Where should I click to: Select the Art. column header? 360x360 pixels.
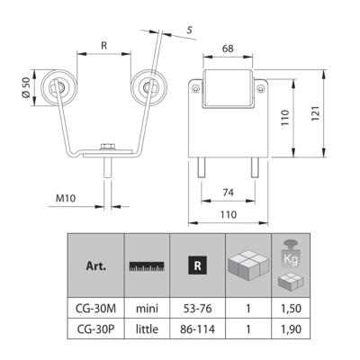click(x=96, y=266)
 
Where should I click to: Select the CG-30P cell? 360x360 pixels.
click(x=95, y=328)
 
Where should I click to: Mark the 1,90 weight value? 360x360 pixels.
click(x=291, y=328)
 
